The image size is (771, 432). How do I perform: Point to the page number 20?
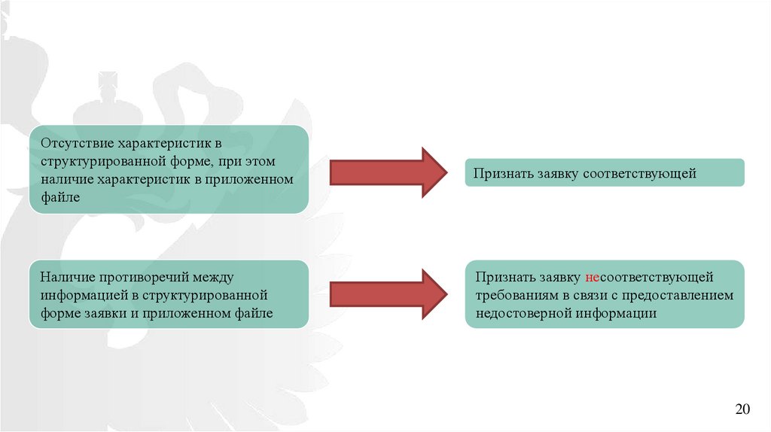click(743, 409)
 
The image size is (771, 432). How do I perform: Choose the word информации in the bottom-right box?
click(617, 313)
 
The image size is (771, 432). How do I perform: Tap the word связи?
click(585, 296)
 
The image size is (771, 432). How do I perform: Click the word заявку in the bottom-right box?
click(556, 278)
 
